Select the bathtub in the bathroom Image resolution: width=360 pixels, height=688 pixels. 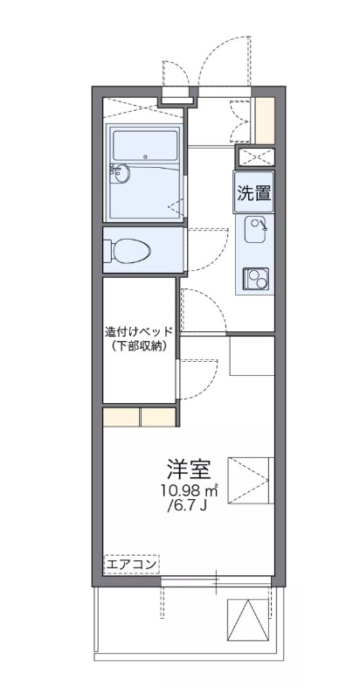tap(143, 143)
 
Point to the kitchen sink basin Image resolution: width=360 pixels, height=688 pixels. tap(256, 230)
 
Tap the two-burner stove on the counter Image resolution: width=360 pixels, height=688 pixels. tap(256, 279)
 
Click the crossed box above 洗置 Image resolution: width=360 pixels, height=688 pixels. tap(255, 157)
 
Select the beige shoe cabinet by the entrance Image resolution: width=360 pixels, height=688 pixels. tap(264, 120)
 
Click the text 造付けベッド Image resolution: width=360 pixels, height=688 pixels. tap(140, 331)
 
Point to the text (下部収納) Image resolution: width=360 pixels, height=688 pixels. tap(140, 346)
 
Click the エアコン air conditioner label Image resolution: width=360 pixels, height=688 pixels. tap(131, 565)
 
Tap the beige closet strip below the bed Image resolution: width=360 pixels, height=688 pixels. tap(140, 416)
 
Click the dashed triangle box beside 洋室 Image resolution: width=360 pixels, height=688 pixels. tap(251, 480)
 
